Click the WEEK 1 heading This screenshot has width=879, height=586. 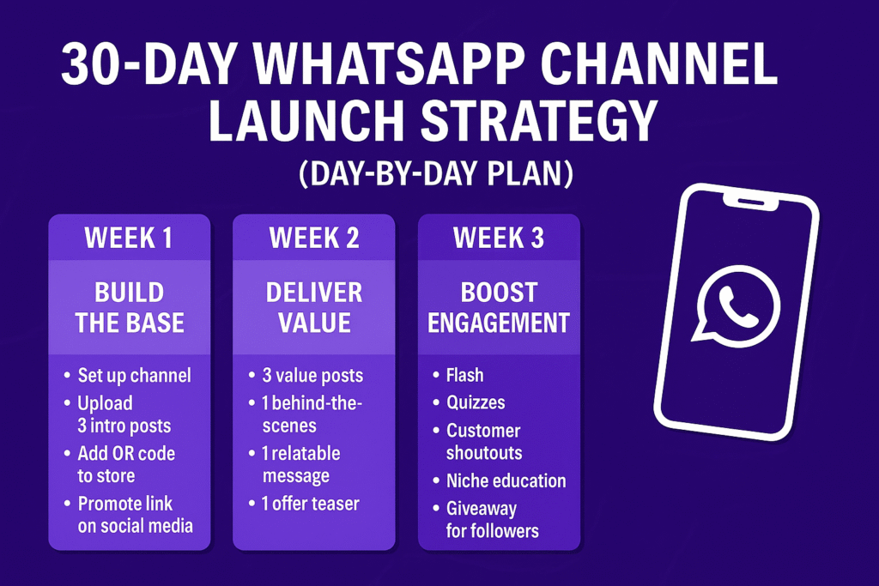(x=129, y=239)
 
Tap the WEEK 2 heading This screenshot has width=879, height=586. (x=314, y=239)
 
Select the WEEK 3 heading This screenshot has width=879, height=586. (x=499, y=239)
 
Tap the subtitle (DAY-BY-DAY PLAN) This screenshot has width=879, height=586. (x=436, y=173)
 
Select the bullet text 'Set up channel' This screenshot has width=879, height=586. (x=135, y=375)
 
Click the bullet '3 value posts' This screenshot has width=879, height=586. (x=312, y=375)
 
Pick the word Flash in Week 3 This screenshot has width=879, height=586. (x=464, y=375)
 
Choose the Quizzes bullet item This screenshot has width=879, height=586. (x=476, y=402)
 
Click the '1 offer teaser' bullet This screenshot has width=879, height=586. (x=310, y=504)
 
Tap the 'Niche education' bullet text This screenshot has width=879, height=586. (x=506, y=480)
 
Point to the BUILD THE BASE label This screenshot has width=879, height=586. (x=130, y=307)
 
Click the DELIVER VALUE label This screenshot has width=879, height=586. (x=314, y=307)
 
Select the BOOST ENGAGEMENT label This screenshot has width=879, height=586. (x=499, y=307)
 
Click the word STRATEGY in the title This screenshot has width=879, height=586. (x=539, y=120)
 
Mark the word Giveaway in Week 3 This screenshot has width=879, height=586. (x=482, y=510)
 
